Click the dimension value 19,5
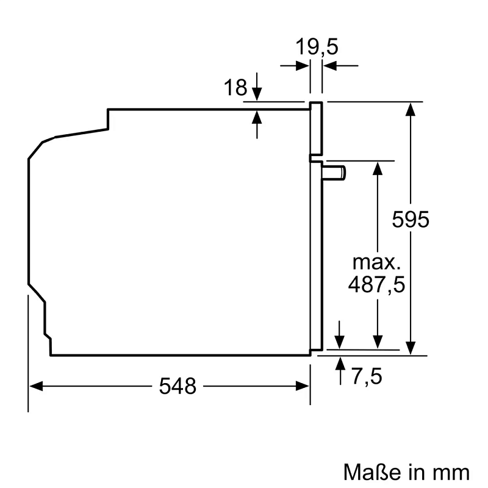(x=317, y=47)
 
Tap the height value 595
(x=411, y=220)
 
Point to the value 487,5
(x=376, y=284)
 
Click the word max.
(x=376, y=263)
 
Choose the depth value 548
(x=178, y=386)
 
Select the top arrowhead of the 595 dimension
(x=412, y=109)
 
